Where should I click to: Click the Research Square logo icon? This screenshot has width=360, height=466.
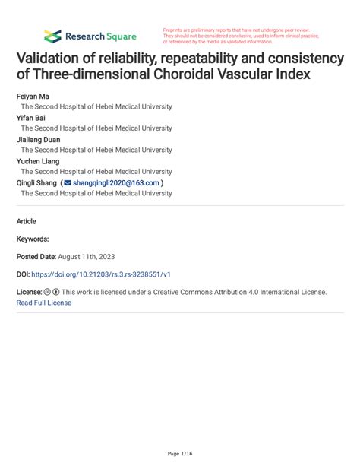(x=52, y=36)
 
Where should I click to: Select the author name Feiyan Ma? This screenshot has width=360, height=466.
(x=32, y=97)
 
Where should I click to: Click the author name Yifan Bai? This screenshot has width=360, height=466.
(x=30, y=119)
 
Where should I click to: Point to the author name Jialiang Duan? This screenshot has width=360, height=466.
(x=38, y=140)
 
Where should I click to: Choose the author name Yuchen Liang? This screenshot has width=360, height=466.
(x=38, y=161)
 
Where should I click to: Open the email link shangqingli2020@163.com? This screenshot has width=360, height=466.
(x=116, y=183)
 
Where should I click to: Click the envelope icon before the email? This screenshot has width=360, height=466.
(x=67, y=183)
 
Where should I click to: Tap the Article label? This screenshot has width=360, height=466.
(x=27, y=220)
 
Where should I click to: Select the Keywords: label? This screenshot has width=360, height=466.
(x=33, y=239)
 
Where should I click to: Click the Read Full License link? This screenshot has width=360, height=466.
(x=44, y=303)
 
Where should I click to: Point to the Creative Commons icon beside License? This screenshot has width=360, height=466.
(x=47, y=292)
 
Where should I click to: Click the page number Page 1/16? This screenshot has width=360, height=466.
(x=180, y=453)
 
